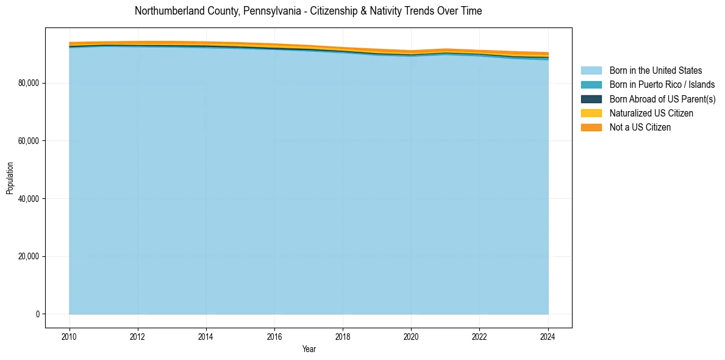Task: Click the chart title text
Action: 308,11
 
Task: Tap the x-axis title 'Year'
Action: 309,349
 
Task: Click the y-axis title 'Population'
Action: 10,178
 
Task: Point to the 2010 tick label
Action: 70,336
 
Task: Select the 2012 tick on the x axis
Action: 138,336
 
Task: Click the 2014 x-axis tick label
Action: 206,336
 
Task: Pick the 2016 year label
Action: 274,336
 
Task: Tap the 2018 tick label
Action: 343,336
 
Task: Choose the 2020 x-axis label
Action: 411,336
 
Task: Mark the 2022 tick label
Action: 479,336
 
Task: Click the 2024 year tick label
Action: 548,336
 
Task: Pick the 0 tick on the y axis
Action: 37,314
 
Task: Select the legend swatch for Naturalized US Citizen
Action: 591,113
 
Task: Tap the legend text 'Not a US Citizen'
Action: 640,128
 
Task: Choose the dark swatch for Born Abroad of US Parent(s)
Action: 591,99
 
